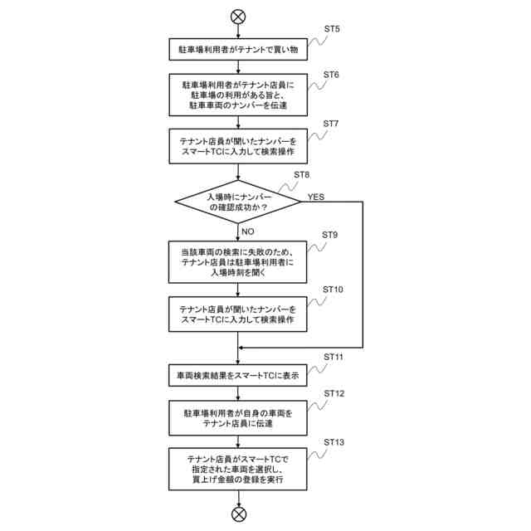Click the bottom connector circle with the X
239,514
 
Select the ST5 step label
332,29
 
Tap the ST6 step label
332,74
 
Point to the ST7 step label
332,124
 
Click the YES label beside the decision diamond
316,197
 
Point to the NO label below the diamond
247,231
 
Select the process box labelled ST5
239,51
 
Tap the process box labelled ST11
239,375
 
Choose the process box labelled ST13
239,470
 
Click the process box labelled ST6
239,95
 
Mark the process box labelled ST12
239,418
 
